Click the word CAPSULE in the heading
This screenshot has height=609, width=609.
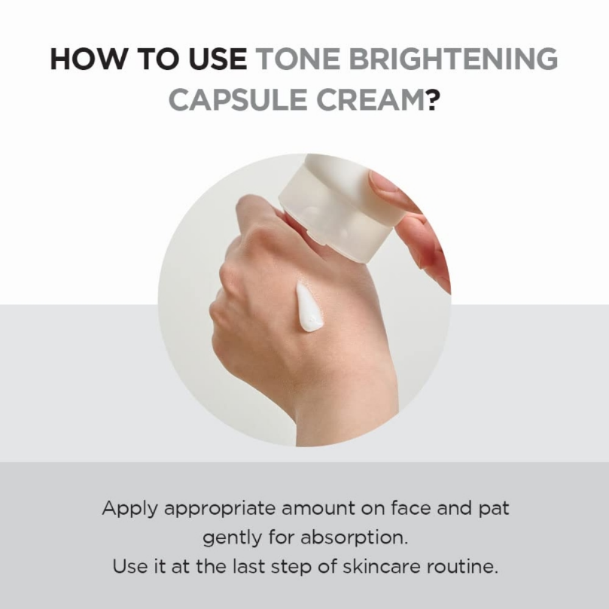pyautogui.click(x=238, y=99)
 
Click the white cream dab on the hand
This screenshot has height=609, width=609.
pyautogui.click(x=309, y=308)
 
